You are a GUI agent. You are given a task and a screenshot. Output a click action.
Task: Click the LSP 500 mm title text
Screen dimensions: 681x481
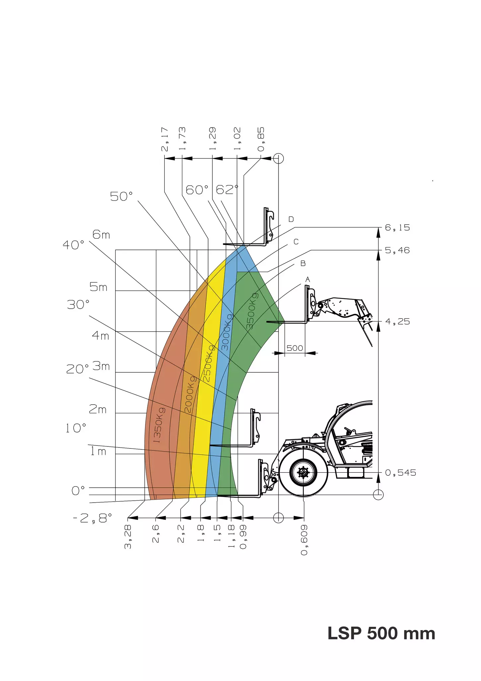tap(381, 633)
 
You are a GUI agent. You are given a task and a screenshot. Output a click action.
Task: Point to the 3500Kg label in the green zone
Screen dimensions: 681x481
tap(252, 311)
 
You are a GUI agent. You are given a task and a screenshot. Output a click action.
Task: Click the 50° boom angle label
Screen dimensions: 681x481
tap(121, 196)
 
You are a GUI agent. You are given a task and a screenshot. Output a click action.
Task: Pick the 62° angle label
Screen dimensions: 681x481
tap(227, 190)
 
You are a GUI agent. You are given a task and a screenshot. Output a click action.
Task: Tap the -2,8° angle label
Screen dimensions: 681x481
tap(93, 518)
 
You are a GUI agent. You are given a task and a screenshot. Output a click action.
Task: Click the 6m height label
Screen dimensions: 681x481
tap(101, 235)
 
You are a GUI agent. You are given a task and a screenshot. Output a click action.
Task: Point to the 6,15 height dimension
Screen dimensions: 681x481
tap(397, 228)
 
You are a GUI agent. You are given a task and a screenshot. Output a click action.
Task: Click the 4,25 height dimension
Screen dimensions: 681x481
tap(397, 322)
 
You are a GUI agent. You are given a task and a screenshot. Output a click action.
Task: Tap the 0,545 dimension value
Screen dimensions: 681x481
tap(400, 472)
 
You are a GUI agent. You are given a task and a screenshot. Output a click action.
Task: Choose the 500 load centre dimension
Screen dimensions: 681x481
tap(294, 348)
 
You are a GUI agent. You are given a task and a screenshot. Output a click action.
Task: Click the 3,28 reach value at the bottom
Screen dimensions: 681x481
tap(128, 537)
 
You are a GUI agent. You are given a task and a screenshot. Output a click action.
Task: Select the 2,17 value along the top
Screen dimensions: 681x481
tap(165, 139)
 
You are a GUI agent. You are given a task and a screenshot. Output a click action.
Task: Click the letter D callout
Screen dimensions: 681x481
tap(291, 219)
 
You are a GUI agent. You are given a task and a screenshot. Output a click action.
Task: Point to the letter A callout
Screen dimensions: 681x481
tap(308, 280)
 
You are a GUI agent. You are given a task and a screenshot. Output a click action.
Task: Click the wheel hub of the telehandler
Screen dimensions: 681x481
tap(303, 472)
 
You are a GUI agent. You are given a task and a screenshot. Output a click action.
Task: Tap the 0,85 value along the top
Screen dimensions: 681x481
tap(261, 139)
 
